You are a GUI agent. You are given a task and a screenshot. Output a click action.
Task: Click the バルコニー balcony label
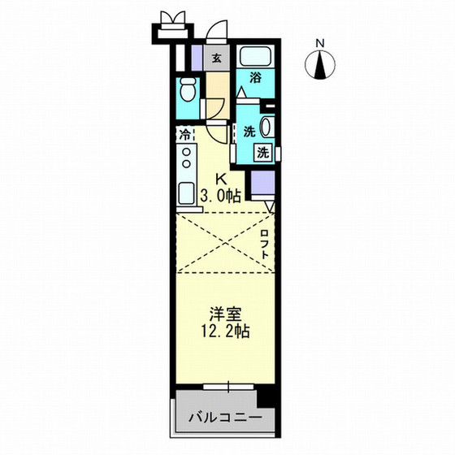[227, 419]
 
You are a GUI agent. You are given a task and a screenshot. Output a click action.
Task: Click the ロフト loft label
[265, 244]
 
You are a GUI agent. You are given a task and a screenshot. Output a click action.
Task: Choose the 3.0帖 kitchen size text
[219, 195]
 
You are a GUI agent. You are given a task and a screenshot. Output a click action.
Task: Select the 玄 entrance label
[217, 58]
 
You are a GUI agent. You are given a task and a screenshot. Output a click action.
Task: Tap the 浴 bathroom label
[256, 79]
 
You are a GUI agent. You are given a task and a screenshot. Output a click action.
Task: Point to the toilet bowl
[187, 89]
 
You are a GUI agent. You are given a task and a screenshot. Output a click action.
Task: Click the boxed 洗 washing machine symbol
[263, 152]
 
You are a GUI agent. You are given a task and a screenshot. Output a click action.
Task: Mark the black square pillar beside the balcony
[265, 397]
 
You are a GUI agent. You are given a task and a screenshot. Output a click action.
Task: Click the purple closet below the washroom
[262, 182]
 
